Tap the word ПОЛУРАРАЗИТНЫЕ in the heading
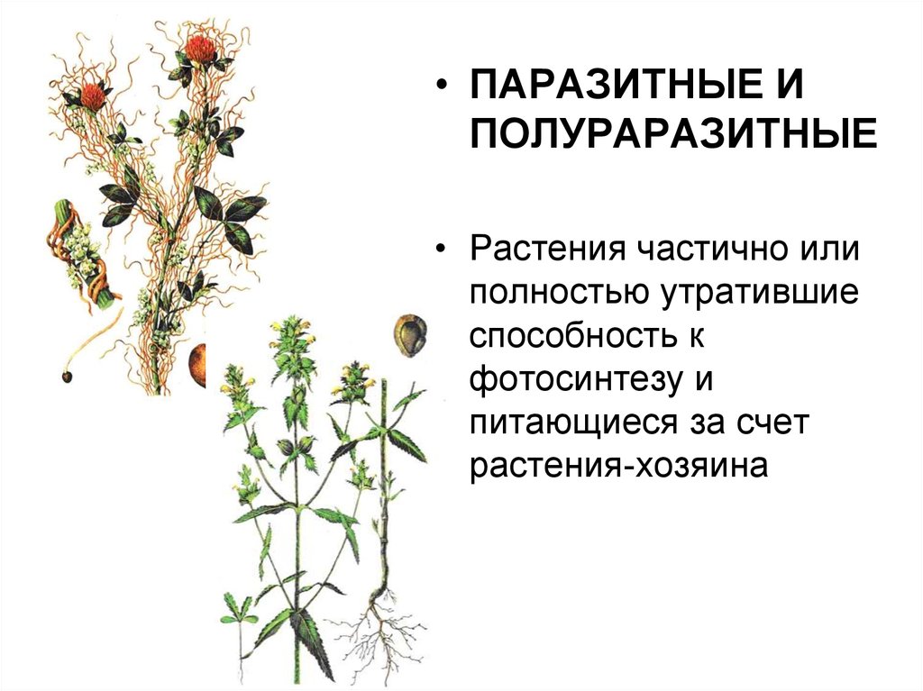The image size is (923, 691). (x=673, y=134)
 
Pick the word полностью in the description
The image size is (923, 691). (x=559, y=293)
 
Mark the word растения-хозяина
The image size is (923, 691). (x=619, y=466)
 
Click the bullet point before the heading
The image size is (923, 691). (x=443, y=86)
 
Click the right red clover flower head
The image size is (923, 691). (x=200, y=49)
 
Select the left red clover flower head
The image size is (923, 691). (x=94, y=95)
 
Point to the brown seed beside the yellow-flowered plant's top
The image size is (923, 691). (x=410, y=334)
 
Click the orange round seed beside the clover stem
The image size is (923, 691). (x=197, y=366)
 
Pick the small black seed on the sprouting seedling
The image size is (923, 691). (x=68, y=376)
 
